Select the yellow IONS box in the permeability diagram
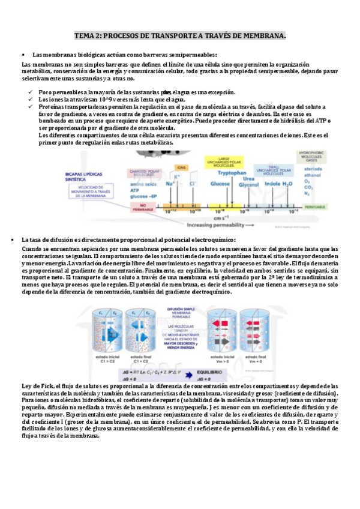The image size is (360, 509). pos(181,167)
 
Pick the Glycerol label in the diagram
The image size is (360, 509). pos(248,185)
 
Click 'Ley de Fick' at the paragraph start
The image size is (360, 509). pos(38,385)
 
